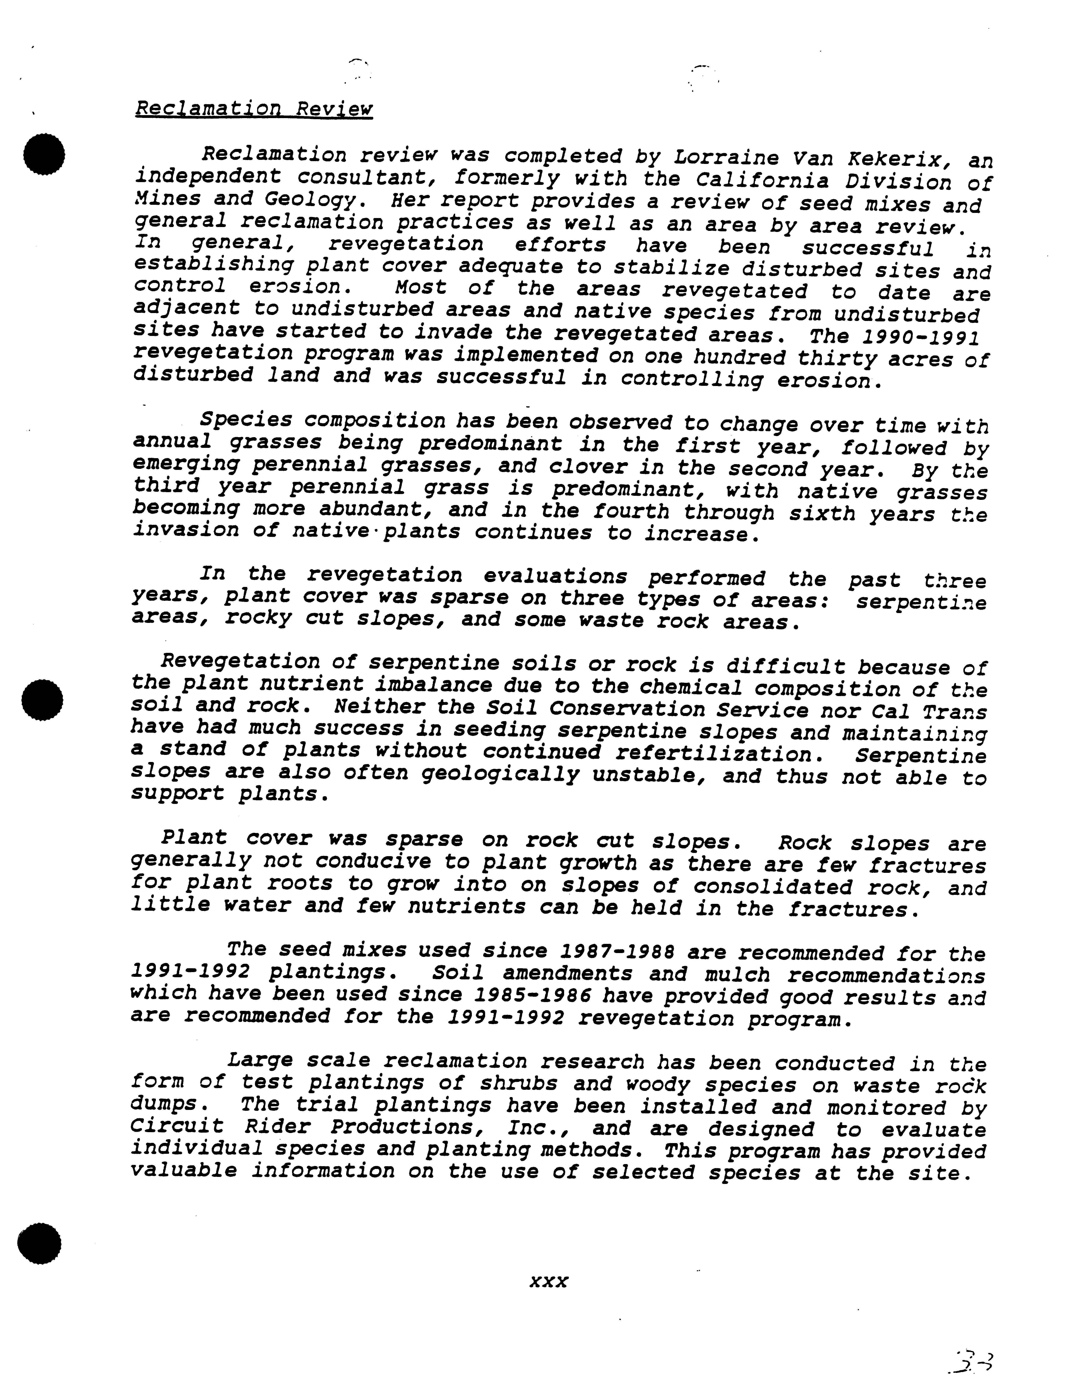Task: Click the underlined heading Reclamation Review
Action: click(x=254, y=108)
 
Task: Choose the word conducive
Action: click(x=373, y=862)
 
